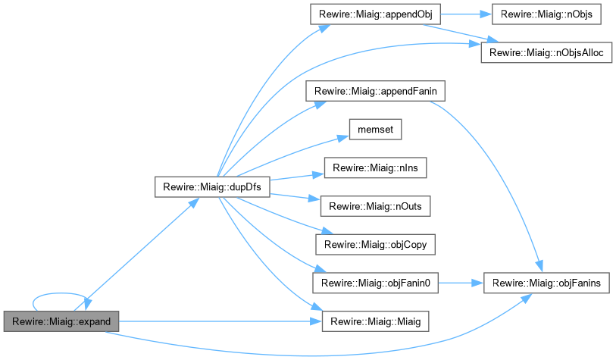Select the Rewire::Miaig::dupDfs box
click(212, 186)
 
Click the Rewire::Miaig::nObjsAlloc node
click(547, 52)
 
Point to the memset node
click(374, 129)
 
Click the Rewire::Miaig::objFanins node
click(546, 283)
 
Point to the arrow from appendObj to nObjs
click(465, 14)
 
